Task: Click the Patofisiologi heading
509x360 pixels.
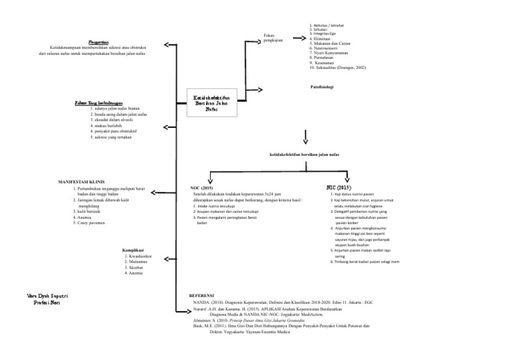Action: point(321,87)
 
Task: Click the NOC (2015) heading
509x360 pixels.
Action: point(201,188)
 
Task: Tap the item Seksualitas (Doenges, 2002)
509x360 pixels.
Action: point(337,68)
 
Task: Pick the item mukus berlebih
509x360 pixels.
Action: point(108,125)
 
